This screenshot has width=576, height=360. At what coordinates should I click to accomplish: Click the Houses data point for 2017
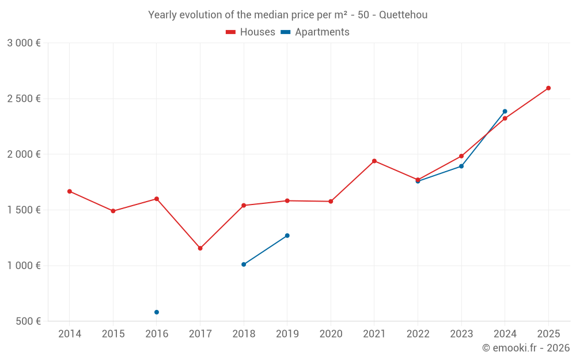(x=200, y=248)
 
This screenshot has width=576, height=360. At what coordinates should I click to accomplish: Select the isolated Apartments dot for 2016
(x=157, y=312)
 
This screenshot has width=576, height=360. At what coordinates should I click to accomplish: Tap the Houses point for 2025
(x=548, y=88)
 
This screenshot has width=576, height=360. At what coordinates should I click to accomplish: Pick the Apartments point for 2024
(x=505, y=111)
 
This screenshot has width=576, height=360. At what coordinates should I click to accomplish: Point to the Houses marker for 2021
(x=374, y=161)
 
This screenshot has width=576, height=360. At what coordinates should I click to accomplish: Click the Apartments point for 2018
(x=244, y=264)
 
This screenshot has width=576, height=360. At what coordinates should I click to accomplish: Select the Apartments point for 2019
(x=287, y=236)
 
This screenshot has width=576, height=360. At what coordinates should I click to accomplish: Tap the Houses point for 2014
(x=70, y=191)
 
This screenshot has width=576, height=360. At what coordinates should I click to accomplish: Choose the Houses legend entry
(x=251, y=32)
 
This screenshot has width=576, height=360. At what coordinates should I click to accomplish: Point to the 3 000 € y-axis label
(x=24, y=43)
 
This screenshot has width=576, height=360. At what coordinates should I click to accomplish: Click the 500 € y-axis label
(x=28, y=321)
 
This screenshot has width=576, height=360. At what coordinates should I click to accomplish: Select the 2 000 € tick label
(x=24, y=154)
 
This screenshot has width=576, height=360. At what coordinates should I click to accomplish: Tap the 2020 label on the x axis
(x=331, y=334)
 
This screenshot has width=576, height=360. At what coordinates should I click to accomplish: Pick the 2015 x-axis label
(x=113, y=334)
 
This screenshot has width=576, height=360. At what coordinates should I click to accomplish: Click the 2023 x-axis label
(x=461, y=334)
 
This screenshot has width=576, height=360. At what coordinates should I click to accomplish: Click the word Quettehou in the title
(x=403, y=15)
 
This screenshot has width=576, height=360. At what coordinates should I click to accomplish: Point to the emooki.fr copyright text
(x=526, y=348)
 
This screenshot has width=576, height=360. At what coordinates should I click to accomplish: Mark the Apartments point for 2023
(x=461, y=166)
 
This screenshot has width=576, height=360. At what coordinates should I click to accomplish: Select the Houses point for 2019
(x=287, y=200)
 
